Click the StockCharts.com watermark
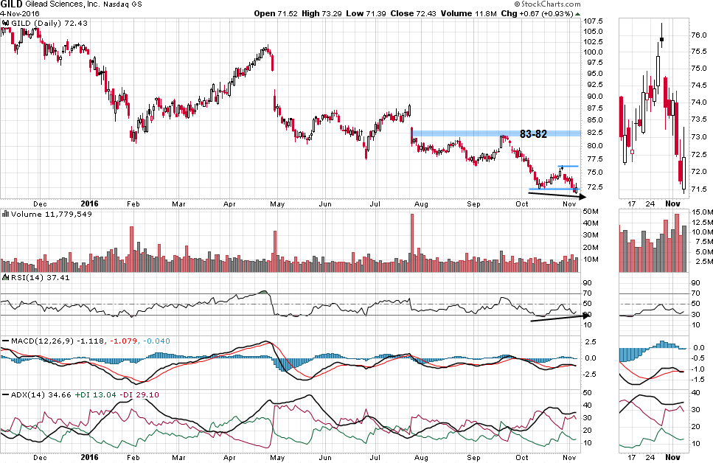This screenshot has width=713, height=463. point(539,13)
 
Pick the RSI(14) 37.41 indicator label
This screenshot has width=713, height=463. point(29,277)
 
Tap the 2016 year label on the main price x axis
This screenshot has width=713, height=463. point(88,203)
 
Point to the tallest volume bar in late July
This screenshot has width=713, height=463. point(412,236)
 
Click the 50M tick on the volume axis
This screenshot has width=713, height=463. point(591,212)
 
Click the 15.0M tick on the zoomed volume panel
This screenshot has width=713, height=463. point(702,212)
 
